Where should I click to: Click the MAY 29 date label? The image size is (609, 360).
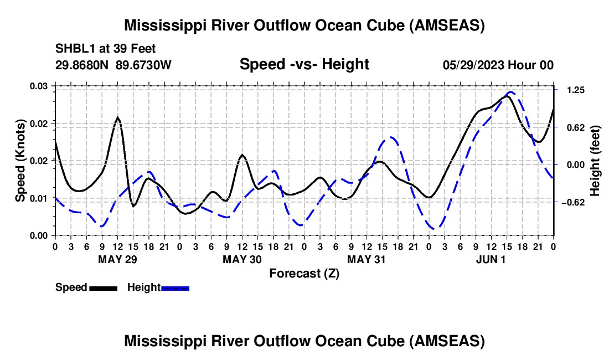pos(117,259)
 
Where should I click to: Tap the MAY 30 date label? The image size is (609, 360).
pos(242,259)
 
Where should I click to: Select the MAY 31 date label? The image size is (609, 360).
pos(367,259)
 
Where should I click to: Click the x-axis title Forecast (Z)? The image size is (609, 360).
pos(304,273)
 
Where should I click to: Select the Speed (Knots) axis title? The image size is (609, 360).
pos(20,161)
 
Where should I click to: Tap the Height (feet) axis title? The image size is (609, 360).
pos(595,161)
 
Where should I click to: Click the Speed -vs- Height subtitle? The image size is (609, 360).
pos(304,64)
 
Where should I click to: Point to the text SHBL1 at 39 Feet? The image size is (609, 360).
pos(101,49)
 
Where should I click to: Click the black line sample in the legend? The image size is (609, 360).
pos(103,288)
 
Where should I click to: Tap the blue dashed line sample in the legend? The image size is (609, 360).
pos(176,288)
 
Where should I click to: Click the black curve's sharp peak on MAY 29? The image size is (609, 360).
pos(117,117)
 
